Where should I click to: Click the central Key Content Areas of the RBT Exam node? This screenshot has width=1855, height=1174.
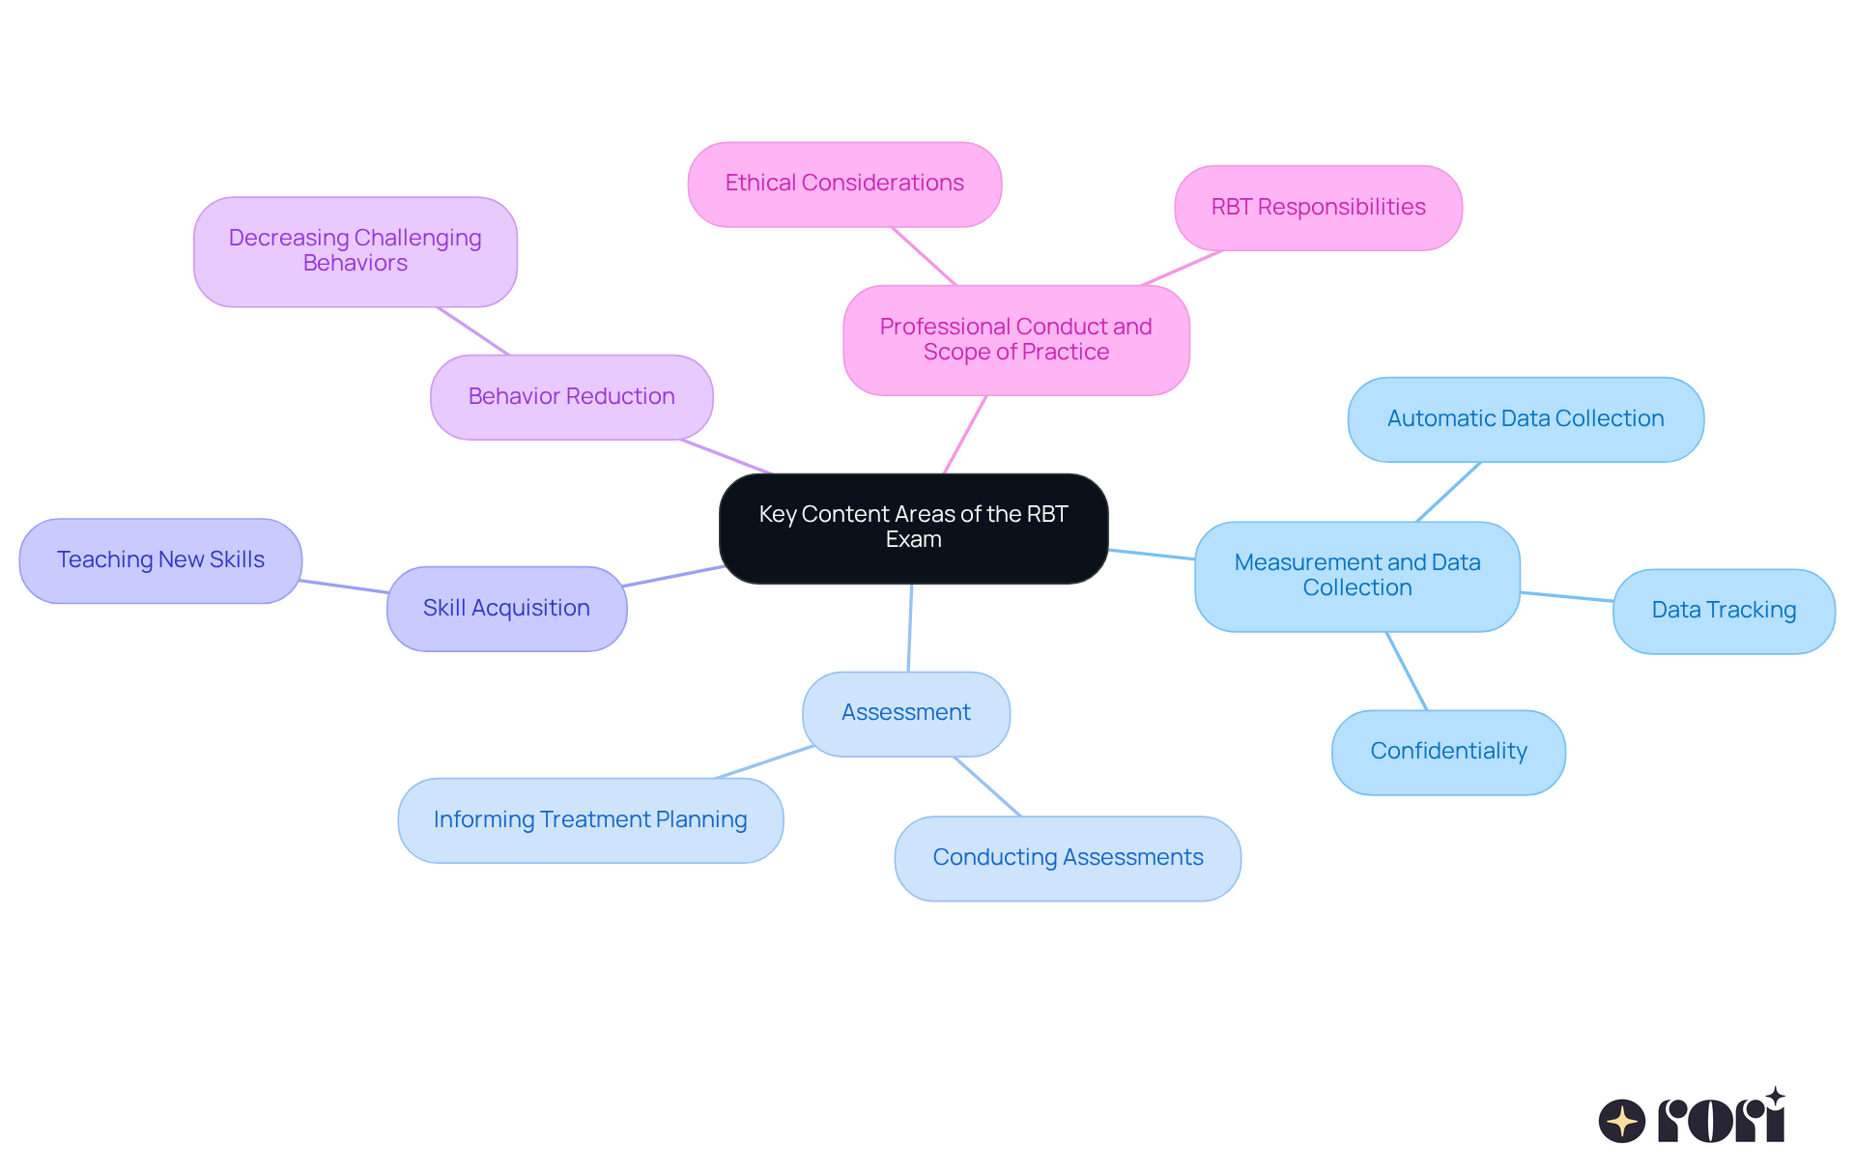(x=913, y=528)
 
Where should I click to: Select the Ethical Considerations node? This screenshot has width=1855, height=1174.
(x=844, y=184)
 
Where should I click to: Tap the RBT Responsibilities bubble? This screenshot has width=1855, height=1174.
(x=1318, y=208)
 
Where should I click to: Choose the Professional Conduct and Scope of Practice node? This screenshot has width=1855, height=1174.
(x=1015, y=339)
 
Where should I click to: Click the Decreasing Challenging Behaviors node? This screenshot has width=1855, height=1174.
(x=355, y=251)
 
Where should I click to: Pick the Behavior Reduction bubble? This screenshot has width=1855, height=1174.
(x=571, y=397)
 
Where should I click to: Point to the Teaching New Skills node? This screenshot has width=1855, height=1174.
(x=160, y=560)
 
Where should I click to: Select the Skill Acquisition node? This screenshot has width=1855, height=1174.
(x=506, y=609)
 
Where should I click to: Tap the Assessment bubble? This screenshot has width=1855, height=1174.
(x=905, y=713)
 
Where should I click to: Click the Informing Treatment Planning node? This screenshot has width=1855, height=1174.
(x=590, y=820)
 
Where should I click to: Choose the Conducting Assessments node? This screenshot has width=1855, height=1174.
(x=1068, y=858)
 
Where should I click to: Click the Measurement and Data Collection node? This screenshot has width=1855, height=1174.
(x=1356, y=576)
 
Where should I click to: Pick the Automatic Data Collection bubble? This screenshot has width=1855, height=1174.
(x=1526, y=419)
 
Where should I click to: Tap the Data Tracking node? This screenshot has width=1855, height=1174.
(x=1724, y=611)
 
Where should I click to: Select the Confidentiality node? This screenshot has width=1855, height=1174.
(x=1448, y=752)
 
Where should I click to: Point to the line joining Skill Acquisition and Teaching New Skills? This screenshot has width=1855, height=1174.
(x=344, y=587)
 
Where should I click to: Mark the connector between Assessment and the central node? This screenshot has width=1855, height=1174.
(x=910, y=628)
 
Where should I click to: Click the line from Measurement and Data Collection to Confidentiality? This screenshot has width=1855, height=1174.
(x=1407, y=672)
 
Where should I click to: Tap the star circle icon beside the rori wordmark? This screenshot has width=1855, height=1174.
(x=1622, y=1121)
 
